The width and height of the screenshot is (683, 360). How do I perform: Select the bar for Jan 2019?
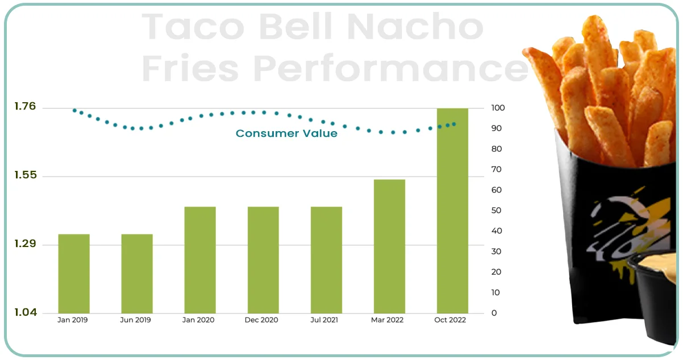74,273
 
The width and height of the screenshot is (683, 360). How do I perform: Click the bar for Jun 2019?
137,273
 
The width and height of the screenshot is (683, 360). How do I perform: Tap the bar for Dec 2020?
263,259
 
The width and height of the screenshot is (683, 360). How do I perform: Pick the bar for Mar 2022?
389,246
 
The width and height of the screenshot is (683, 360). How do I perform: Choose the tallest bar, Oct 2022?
452,210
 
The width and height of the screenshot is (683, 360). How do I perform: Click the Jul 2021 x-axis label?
324,320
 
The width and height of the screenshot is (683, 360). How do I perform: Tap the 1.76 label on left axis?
24,106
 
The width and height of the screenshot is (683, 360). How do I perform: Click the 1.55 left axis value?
24,175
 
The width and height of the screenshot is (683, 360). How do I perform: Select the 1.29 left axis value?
24,244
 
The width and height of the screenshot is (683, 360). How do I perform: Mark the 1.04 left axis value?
24,312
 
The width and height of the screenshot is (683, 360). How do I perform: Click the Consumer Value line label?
286,133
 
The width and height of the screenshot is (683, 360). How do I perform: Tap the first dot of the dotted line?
74,110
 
